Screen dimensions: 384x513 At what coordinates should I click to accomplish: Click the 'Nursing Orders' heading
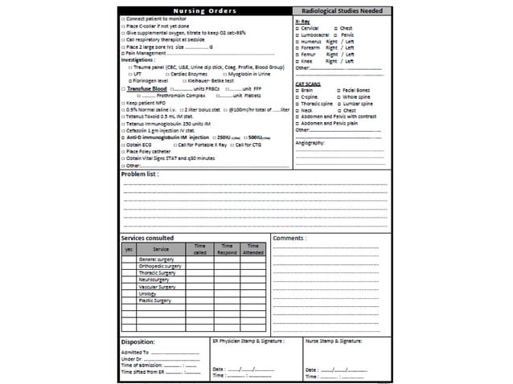[204, 10]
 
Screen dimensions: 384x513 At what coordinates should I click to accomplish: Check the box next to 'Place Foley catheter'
[122, 150]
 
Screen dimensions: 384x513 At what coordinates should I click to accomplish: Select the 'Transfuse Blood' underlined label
[147, 88]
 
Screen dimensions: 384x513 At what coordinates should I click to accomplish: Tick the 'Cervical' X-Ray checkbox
[298, 28]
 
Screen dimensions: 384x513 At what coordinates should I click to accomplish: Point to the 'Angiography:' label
[310, 142]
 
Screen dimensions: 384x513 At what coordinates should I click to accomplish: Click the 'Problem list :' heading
[140, 174]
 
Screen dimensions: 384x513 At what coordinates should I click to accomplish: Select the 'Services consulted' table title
[147, 239]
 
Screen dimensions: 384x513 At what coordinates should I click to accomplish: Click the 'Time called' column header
[200, 249]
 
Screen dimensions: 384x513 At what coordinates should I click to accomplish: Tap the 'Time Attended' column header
[252, 249]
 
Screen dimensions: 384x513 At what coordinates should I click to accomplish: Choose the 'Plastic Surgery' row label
[155, 300]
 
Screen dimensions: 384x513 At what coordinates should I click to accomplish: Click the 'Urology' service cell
[148, 293]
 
